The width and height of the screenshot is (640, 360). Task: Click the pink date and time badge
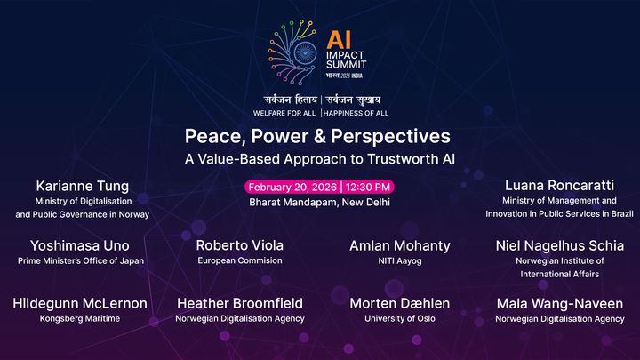pyautogui.click(x=320, y=187)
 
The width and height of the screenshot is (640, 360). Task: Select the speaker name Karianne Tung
pyautogui.click(x=83, y=186)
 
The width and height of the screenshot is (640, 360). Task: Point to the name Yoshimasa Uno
pyautogui.click(x=80, y=245)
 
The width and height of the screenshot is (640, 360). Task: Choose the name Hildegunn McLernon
pyautogui.click(x=80, y=303)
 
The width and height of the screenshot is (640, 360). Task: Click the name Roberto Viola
pyautogui.click(x=239, y=245)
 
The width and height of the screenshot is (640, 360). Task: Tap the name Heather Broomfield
pyautogui.click(x=240, y=303)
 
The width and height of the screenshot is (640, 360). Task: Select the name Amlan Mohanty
pyautogui.click(x=400, y=245)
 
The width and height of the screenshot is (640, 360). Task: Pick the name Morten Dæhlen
pyautogui.click(x=400, y=303)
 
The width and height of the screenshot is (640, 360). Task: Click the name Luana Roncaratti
pyautogui.click(x=560, y=186)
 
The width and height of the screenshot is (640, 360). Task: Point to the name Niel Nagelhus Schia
pyautogui.click(x=560, y=245)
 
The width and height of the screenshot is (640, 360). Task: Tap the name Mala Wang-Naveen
pyautogui.click(x=560, y=303)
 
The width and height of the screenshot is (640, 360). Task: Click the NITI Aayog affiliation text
pyautogui.click(x=400, y=261)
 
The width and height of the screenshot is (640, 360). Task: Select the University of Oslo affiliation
pyautogui.click(x=400, y=318)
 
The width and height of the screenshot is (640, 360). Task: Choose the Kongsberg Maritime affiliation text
pyautogui.click(x=80, y=318)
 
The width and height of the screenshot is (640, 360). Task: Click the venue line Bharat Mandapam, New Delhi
pyautogui.click(x=320, y=203)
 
